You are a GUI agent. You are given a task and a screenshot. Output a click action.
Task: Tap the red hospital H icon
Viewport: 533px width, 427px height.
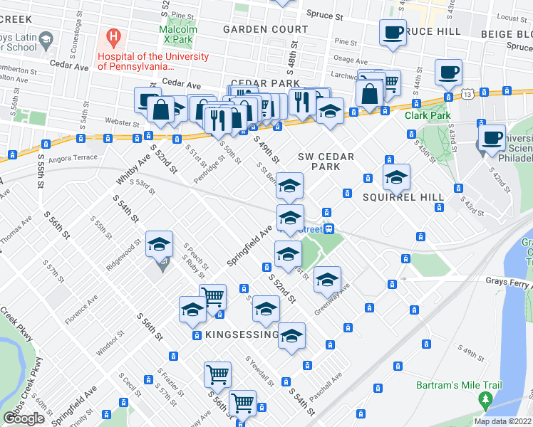coord(112,35)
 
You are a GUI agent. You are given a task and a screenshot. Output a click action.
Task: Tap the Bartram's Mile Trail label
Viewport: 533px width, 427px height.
coord(459,386)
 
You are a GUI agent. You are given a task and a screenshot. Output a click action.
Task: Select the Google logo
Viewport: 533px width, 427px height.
coord(24,418)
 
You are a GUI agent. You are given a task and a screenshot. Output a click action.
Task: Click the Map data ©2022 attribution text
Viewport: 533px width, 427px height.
coord(502,421)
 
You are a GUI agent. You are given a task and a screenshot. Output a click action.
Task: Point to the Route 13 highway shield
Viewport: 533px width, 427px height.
coord(467,93)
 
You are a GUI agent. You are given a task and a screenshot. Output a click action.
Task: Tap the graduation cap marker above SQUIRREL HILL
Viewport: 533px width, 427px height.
coord(397,178)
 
